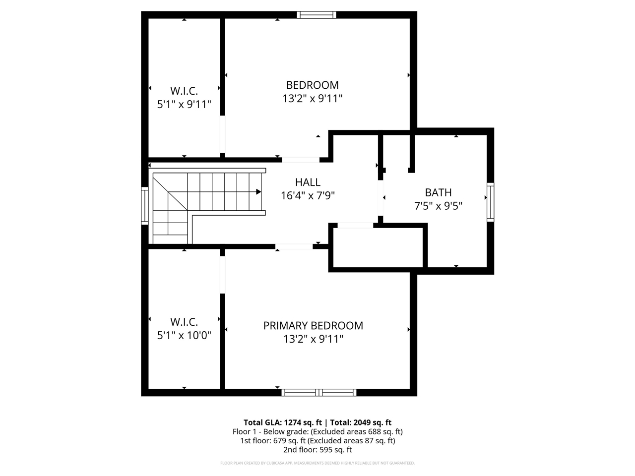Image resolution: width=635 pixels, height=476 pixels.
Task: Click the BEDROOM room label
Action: click(312, 85)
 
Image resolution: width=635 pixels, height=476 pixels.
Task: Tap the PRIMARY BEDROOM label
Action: click(313, 325)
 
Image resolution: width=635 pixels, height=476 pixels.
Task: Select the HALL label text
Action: click(308, 182)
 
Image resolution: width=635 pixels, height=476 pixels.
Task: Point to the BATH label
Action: click(438, 192)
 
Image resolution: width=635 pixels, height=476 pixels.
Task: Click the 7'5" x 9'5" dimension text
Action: click(438, 206)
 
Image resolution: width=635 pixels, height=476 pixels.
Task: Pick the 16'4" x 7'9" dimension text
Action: click(308, 196)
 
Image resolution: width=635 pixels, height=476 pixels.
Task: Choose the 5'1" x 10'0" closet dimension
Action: click(184, 335)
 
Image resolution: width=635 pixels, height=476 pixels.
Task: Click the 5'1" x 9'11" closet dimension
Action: click(184, 104)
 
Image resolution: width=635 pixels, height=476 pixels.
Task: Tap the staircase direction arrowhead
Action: click(258, 191)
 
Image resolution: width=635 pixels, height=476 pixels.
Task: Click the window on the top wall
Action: click(317, 15)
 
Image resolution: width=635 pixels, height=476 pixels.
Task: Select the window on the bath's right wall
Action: click(490, 202)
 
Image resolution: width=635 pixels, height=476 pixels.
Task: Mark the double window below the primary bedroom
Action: click(319, 392)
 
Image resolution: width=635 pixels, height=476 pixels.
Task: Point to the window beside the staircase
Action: click(145, 205)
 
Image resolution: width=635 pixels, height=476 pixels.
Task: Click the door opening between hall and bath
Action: click(381, 198)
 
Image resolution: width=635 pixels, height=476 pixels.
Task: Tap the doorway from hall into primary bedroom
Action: click(294, 246)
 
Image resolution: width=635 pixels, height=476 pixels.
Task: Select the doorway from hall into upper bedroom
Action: click(301, 160)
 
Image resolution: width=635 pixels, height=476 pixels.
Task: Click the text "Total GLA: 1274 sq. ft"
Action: click(283, 422)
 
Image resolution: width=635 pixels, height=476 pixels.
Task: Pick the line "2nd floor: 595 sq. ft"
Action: click(317, 450)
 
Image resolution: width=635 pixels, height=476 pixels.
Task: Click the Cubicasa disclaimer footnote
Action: click(317, 463)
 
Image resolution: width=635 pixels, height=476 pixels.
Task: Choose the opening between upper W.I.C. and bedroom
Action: click(222, 134)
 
